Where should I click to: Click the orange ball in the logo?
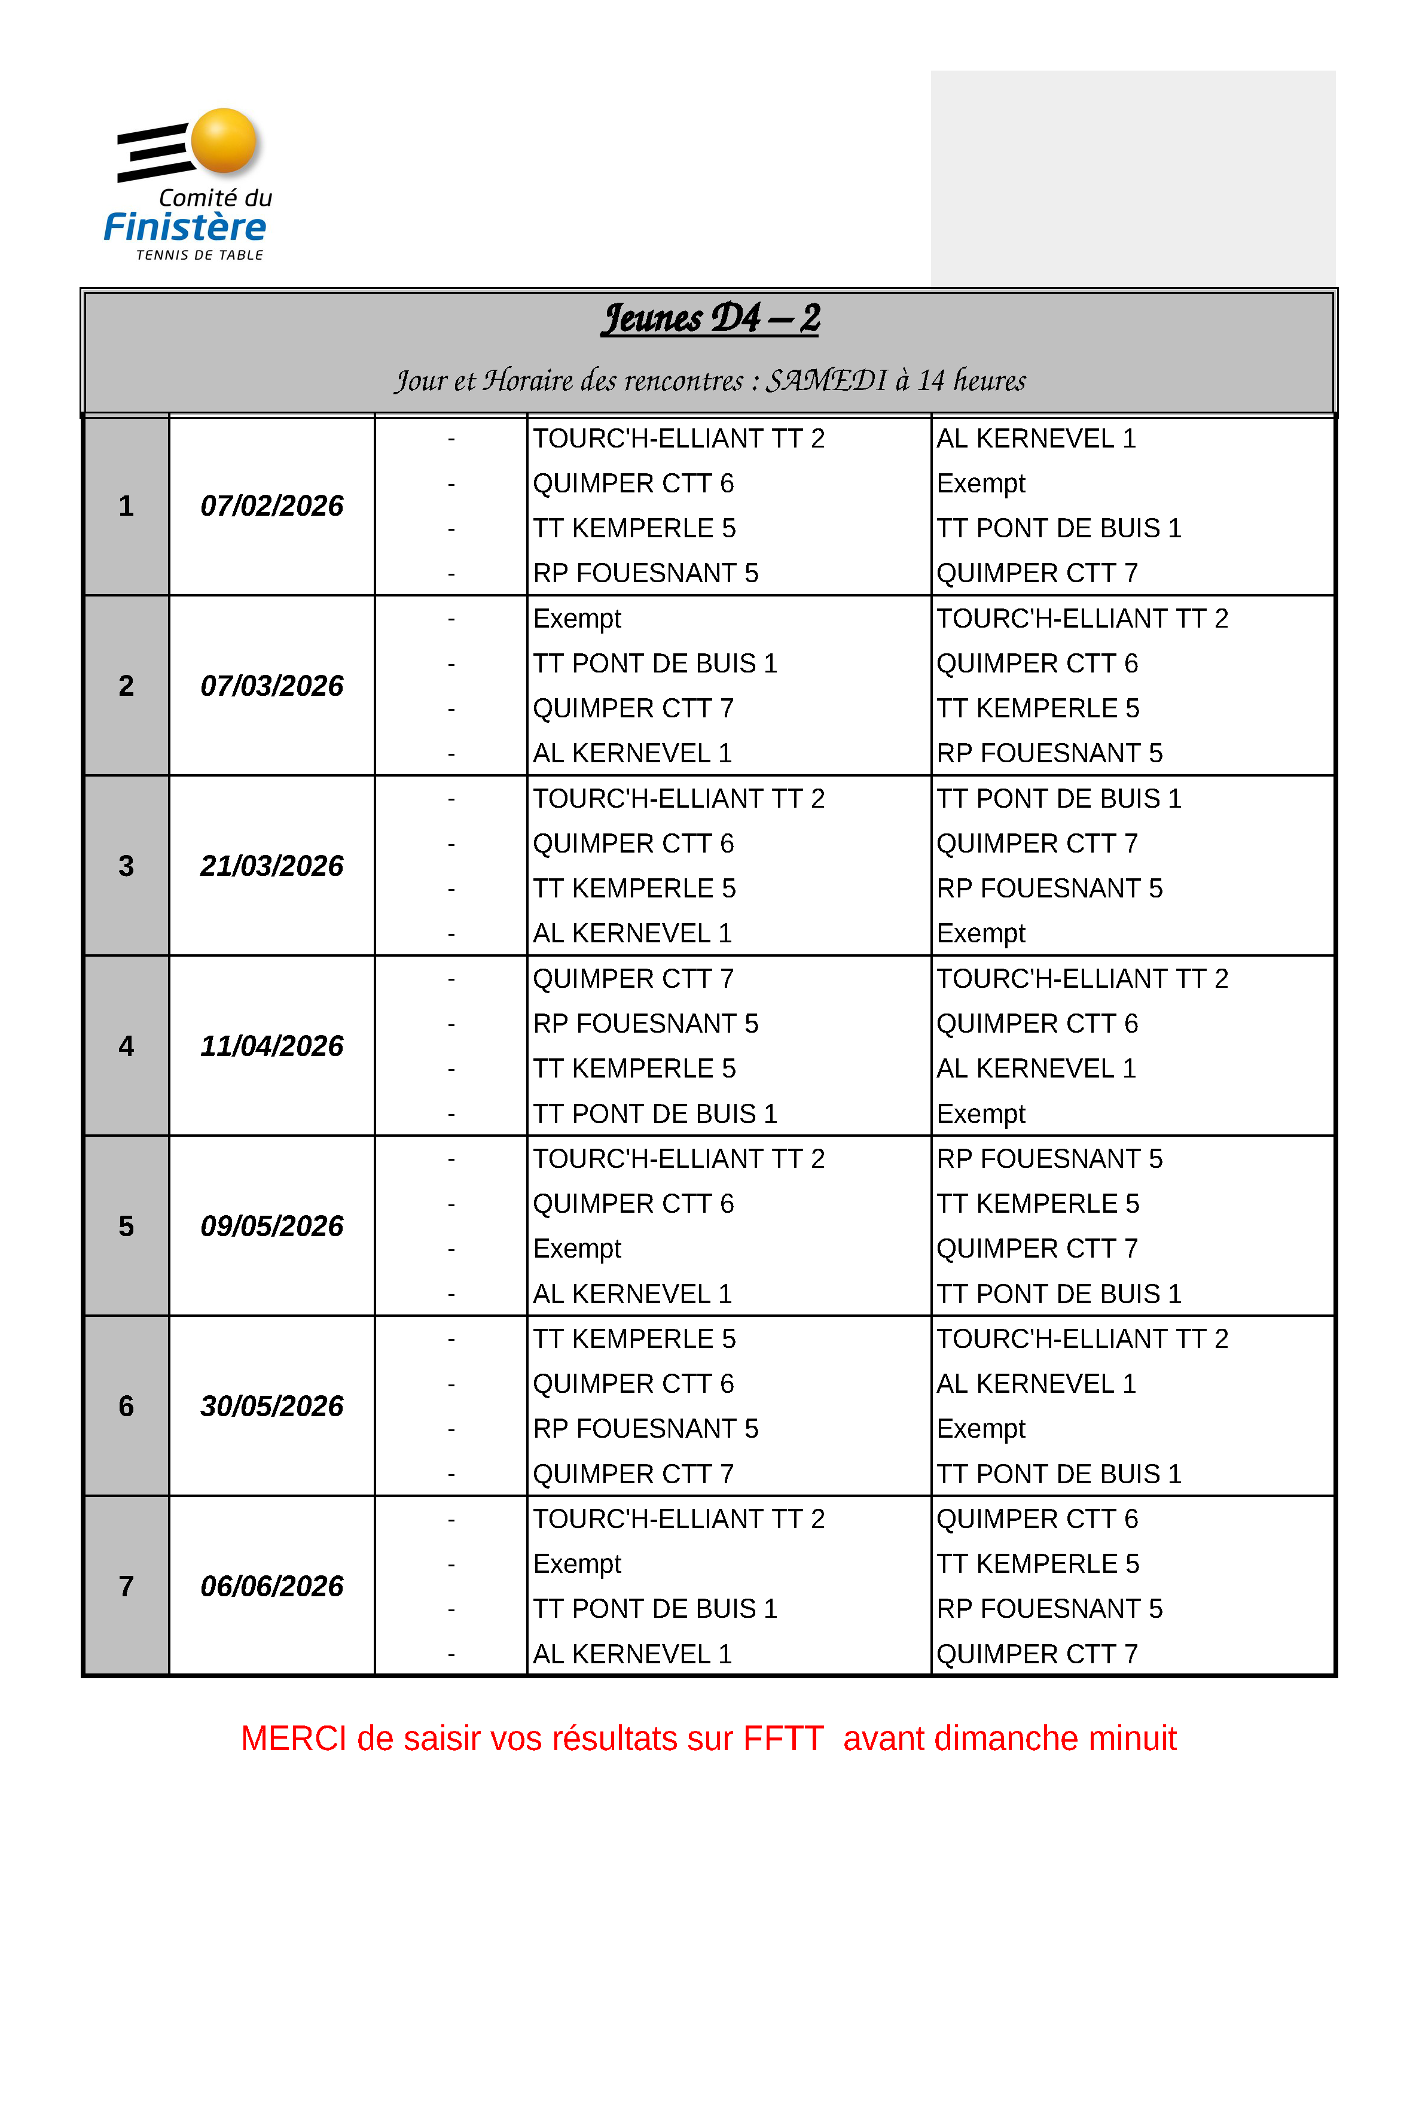pyautogui.click(x=224, y=141)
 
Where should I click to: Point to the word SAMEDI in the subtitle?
pyautogui.click(x=826, y=381)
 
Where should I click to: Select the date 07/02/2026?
pyautogui.click(x=271, y=505)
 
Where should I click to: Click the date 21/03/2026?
pyautogui.click(x=271, y=866)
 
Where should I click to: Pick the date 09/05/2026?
pyautogui.click(x=271, y=1226)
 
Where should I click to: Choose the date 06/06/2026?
pyautogui.click(x=271, y=1586)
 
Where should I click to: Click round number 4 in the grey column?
pyautogui.click(x=126, y=1046)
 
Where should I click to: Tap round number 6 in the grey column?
pyautogui.click(x=126, y=1406)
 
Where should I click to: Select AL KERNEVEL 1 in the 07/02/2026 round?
pyautogui.click(x=1036, y=438)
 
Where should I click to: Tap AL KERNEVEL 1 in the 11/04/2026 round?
pyautogui.click(x=1036, y=1069)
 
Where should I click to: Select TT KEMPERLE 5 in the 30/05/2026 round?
pyautogui.click(x=634, y=1338)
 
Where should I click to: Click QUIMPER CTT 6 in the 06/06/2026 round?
pyautogui.click(x=1037, y=1518)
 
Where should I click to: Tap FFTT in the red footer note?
pyautogui.click(x=783, y=1739)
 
